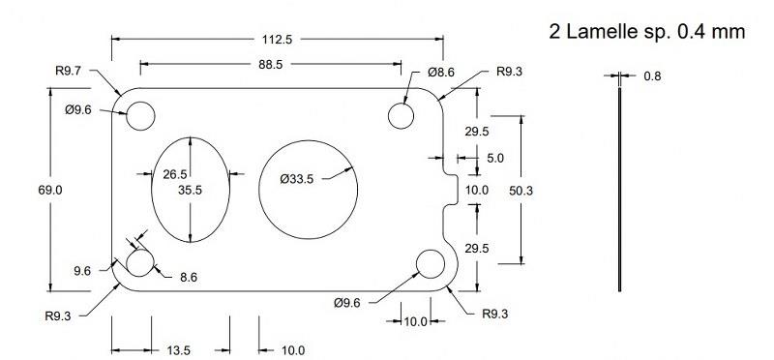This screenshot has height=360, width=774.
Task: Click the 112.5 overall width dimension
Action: pos(277,40)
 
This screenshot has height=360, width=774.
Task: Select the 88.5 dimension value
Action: pos(270,65)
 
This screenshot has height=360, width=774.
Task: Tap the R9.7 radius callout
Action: pos(68,71)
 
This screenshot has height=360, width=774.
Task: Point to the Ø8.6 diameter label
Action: pos(441,73)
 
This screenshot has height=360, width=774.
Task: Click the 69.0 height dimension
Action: pos(50,190)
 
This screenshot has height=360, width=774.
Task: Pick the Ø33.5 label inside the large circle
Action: pos(297,179)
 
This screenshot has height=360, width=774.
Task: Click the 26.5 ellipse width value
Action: pos(175,174)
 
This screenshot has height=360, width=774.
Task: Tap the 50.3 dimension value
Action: pos(521,190)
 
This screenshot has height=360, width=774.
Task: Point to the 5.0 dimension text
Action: pos(495,159)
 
